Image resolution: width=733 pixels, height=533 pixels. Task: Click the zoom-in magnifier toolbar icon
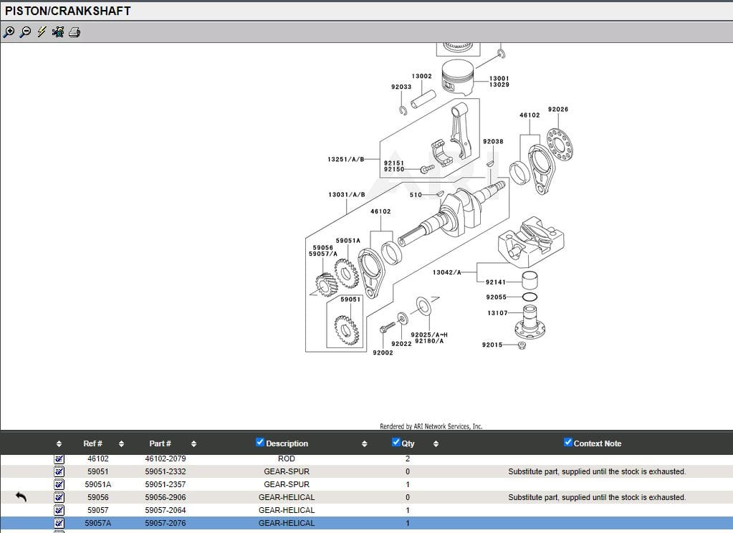(x=9, y=32)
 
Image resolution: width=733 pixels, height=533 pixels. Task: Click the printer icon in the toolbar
(x=75, y=32)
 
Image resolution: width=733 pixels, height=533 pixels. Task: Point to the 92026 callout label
(x=557, y=110)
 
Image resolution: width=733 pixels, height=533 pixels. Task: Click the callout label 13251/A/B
(x=345, y=159)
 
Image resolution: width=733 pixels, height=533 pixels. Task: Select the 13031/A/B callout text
(x=346, y=195)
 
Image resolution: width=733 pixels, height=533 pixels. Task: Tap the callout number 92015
(x=492, y=345)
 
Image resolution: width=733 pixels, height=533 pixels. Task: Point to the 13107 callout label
(x=497, y=313)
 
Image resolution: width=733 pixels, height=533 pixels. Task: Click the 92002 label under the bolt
(x=383, y=352)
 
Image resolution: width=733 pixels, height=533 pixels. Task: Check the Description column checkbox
(x=260, y=442)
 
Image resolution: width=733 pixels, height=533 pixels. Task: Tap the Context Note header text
(x=597, y=443)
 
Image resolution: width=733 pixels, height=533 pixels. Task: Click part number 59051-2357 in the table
(x=165, y=484)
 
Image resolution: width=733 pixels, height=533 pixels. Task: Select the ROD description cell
(x=286, y=458)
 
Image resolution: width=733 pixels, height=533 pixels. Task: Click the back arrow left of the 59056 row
(x=21, y=496)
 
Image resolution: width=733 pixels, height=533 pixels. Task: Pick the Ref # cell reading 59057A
(x=98, y=523)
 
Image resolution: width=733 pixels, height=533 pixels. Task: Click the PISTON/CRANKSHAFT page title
(x=68, y=11)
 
